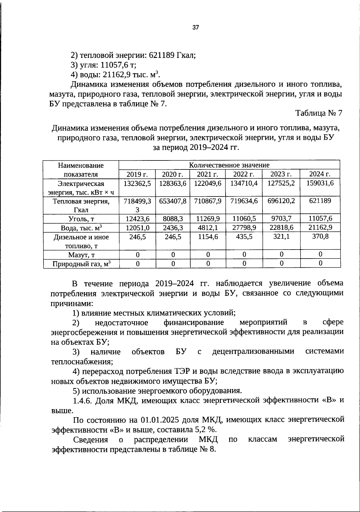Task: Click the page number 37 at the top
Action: click(195, 28)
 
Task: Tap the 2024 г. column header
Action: click(320, 174)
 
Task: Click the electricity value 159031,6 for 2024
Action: click(320, 183)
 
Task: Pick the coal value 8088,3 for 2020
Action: click(173, 219)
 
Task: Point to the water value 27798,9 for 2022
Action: click(244, 228)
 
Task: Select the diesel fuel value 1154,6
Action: click(208, 237)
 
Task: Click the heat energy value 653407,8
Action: click(173, 201)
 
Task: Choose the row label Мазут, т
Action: click(81, 255)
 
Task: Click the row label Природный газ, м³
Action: click(81, 264)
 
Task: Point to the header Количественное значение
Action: click(229, 165)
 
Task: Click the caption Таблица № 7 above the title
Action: click(319, 113)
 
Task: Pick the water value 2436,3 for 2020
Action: click(173, 228)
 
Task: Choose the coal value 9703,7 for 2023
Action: click(281, 219)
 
